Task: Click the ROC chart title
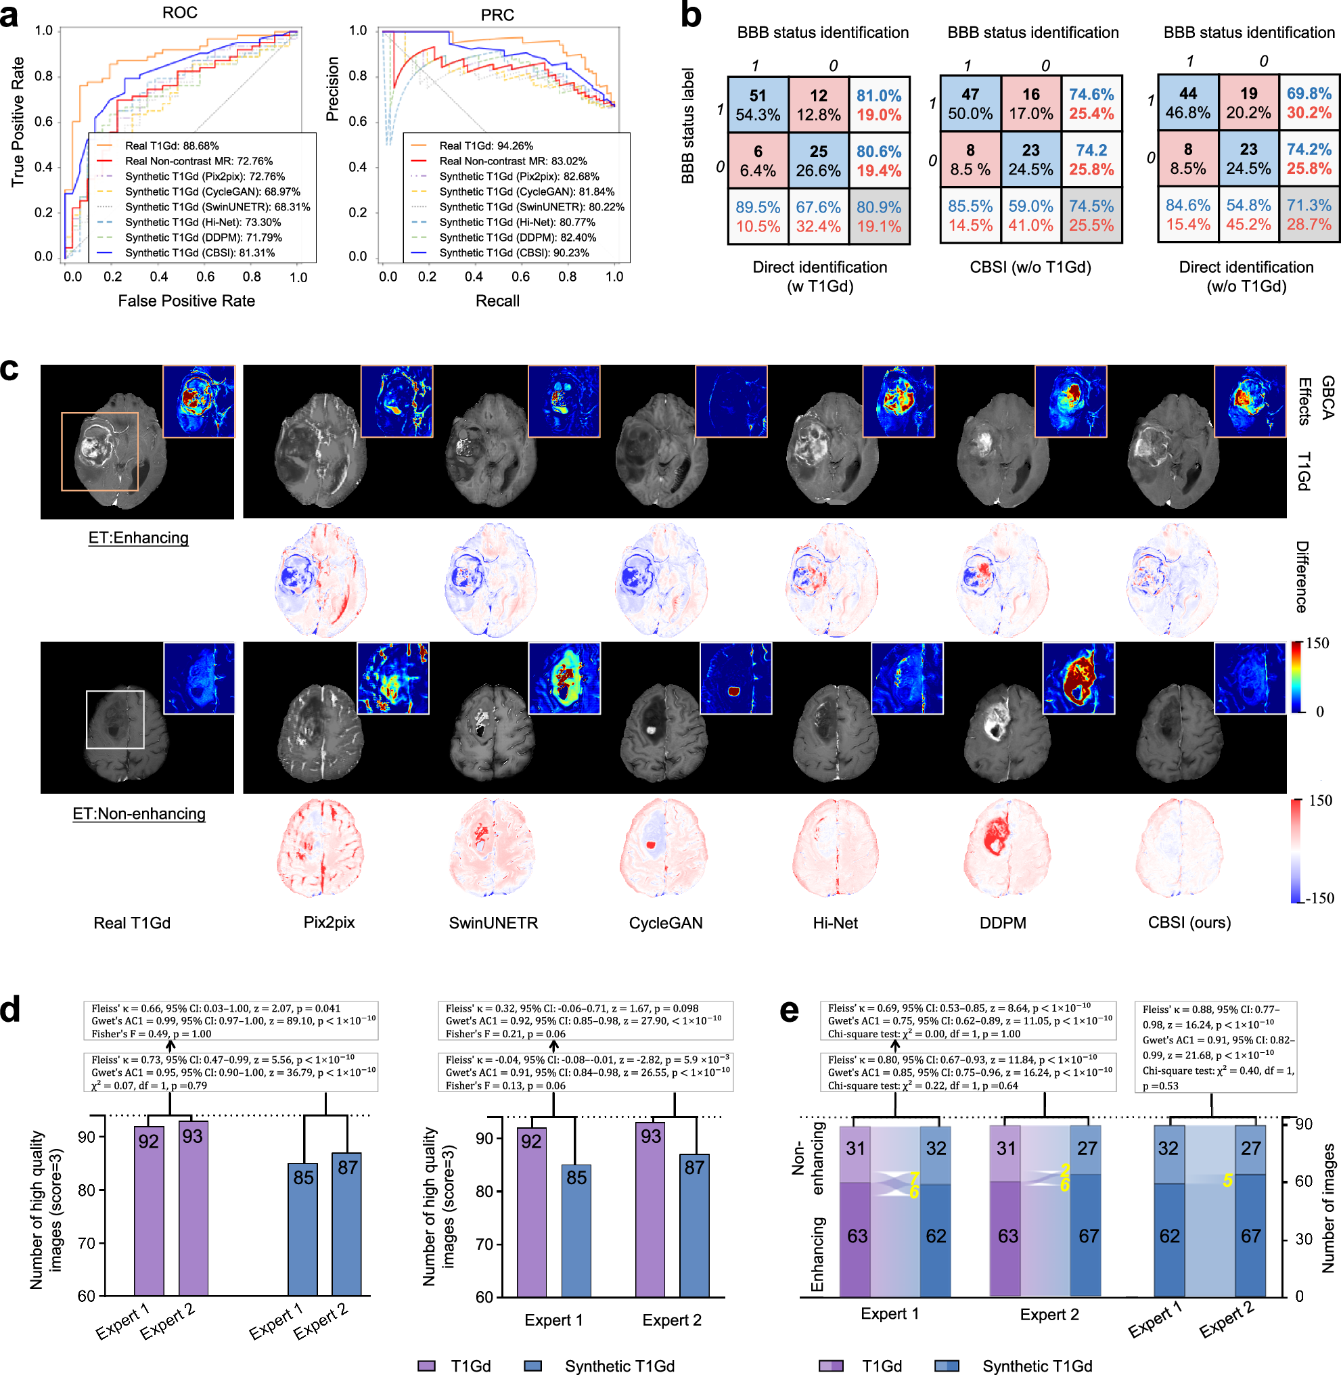click(x=179, y=13)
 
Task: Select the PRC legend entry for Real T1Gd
click(x=486, y=145)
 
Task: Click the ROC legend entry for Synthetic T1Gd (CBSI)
click(x=200, y=253)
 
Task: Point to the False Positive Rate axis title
click(x=186, y=300)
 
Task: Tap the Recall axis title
click(x=497, y=300)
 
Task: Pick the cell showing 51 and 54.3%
click(x=758, y=105)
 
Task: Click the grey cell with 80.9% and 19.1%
click(x=879, y=217)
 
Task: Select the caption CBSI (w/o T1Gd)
click(x=1030, y=267)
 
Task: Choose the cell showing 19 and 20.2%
click(x=1249, y=103)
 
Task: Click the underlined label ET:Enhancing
click(x=138, y=537)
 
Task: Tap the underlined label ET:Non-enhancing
click(x=139, y=813)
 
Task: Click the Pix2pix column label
click(x=329, y=922)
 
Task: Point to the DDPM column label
click(x=1002, y=923)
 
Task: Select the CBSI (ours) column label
click(x=1189, y=922)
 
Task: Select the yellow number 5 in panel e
click(x=1227, y=1181)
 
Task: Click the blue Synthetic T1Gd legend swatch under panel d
click(x=533, y=1365)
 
